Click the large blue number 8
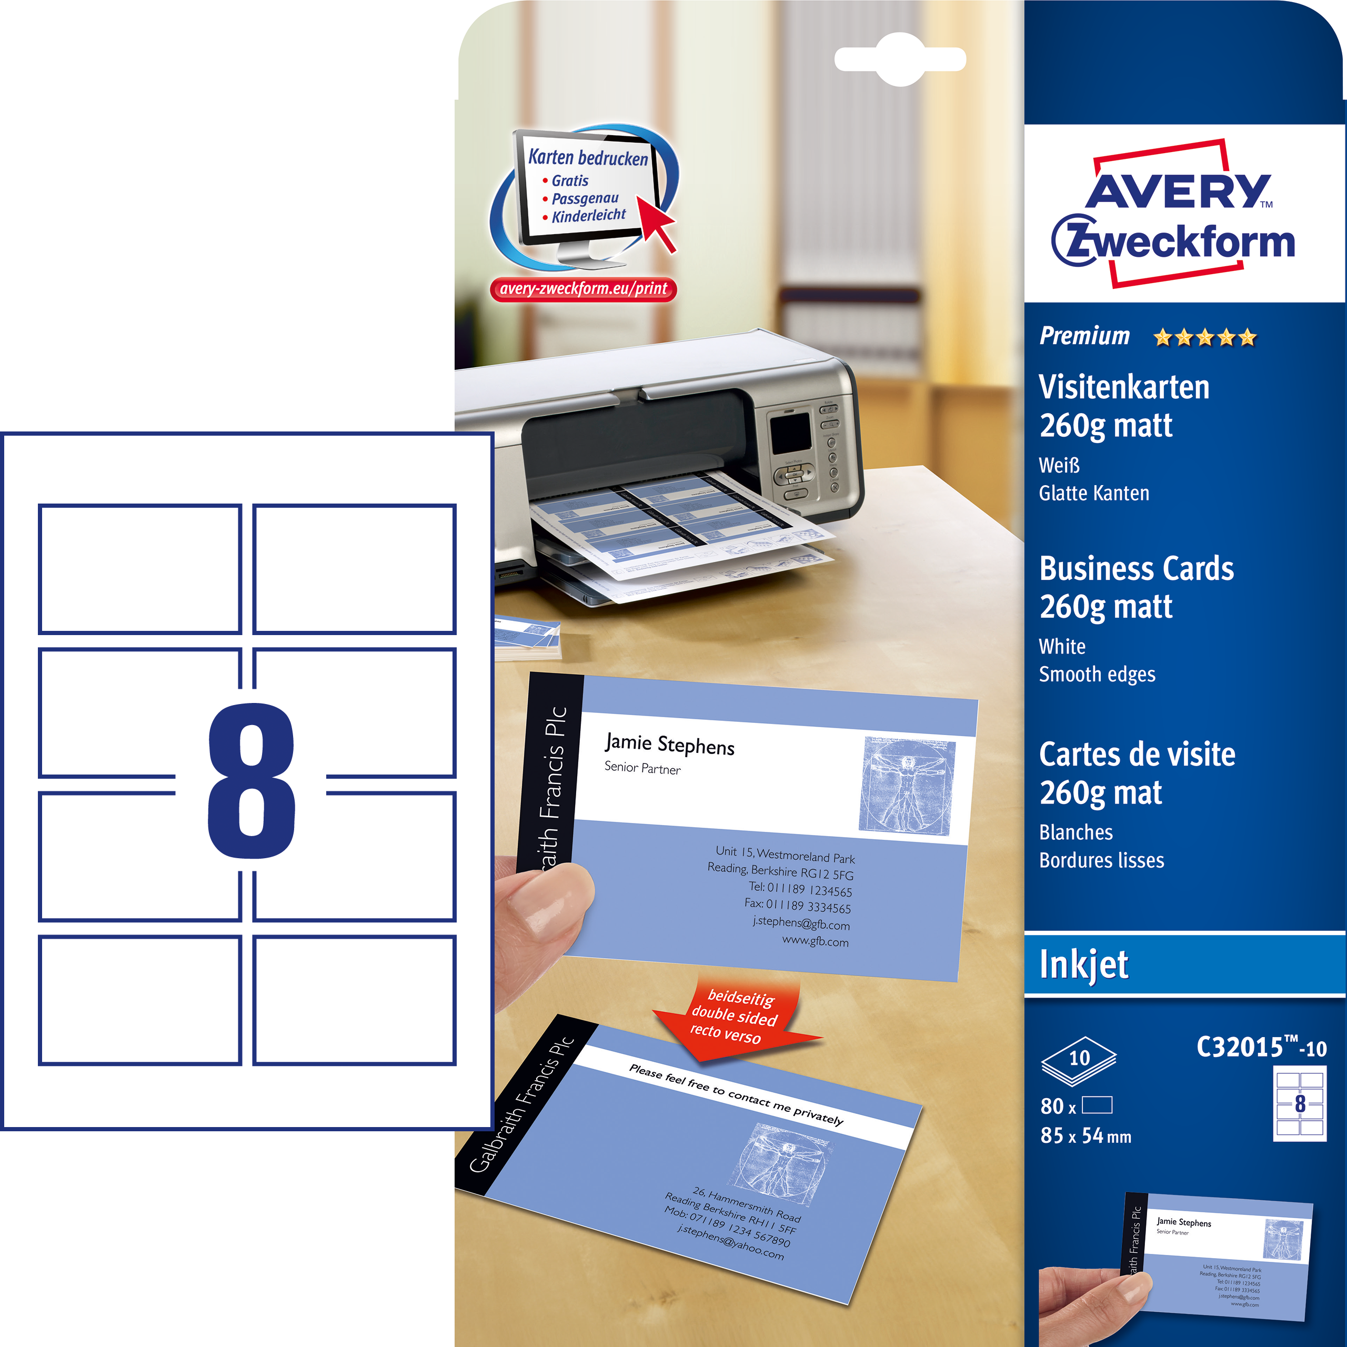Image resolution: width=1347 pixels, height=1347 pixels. (251, 780)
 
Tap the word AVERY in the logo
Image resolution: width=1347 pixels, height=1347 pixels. (1178, 190)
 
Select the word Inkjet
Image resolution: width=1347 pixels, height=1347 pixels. (1083, 965)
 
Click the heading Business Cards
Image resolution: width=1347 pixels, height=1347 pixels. (1137, 569)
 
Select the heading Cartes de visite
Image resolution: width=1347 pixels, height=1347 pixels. (1137, 755)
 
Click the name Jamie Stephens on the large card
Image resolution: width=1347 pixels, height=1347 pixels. (669, 745)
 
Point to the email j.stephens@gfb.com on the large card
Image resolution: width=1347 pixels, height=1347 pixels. (800, 924)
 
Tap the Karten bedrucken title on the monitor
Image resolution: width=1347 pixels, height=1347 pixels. (588, 157)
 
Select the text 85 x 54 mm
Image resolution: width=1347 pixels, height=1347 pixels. (1085, 1136)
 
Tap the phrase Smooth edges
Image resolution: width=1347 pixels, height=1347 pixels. (1097, 674)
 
